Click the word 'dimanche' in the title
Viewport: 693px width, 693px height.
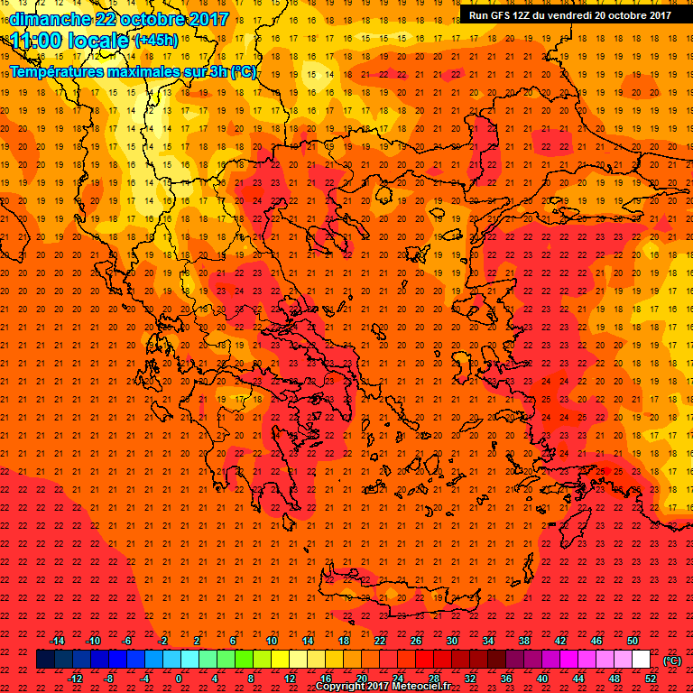point(49,18)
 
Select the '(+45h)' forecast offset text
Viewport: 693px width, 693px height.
point(155,41)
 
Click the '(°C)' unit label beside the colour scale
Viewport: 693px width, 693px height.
point(671,661)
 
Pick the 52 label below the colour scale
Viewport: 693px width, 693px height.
point(651,679)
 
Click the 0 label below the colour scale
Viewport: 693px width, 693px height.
point(178,679)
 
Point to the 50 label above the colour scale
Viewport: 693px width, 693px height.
point(633,641)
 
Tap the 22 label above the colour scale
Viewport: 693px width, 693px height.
point(380,641)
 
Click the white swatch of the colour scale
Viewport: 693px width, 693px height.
point(642,660)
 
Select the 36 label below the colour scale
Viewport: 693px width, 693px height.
point(506,679)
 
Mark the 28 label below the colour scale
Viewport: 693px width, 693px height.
point(434,679)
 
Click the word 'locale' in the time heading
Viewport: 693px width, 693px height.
point(98,40)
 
